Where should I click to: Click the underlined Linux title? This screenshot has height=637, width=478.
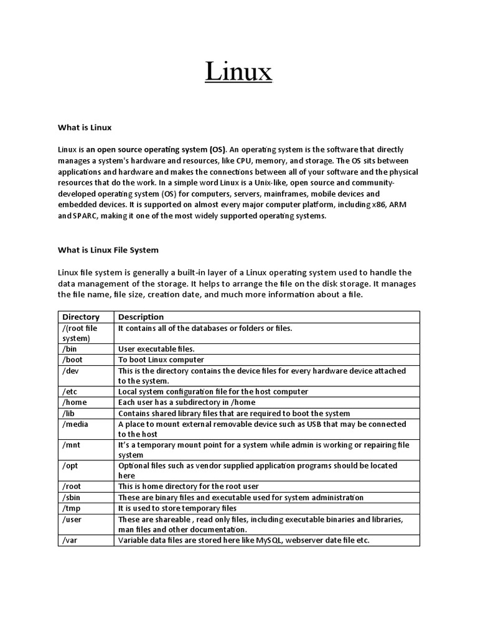239,72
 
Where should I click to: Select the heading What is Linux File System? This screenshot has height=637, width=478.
108,250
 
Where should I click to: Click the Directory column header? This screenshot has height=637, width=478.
81,317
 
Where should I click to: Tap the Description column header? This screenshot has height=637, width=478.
141,317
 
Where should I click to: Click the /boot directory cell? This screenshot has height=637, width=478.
72,360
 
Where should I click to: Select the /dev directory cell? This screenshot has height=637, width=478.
71,370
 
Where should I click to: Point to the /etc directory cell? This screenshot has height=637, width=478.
70,391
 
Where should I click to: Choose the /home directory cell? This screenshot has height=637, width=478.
74,402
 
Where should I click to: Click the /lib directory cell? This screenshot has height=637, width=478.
69,413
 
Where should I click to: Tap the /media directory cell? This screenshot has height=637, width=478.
75,424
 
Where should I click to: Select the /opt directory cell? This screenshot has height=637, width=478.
70,465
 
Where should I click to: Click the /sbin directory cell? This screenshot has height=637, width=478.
72,497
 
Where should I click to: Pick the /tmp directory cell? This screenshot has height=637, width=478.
72,508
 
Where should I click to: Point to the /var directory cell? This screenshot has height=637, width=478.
70,540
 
